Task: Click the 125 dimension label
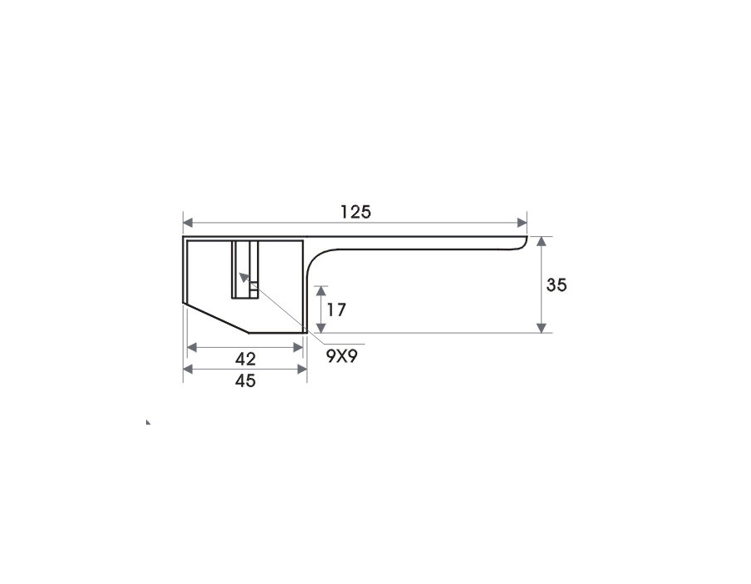[355, 212]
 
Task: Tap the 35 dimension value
[557, 284]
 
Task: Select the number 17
[336, 310]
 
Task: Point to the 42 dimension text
[245, 359]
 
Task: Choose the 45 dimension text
[245, 381]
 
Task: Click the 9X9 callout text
[342, 356]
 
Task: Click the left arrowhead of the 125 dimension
[188, 223]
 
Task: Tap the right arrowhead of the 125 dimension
[522, 223]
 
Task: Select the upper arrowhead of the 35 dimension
[542, 241]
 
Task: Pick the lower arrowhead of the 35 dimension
[542, 328]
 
